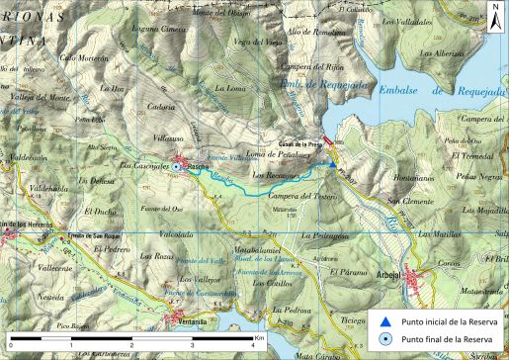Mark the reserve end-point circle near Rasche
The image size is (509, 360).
coord(176,167)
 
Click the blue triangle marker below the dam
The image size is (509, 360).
coord(333,162)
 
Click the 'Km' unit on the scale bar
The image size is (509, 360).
coord(259,336)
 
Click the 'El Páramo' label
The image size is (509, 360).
coord(347,271)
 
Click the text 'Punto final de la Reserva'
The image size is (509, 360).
coord(447,339)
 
